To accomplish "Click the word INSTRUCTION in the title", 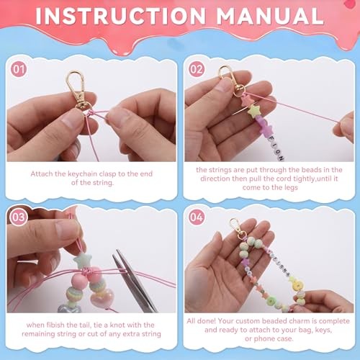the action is tap(121, 16).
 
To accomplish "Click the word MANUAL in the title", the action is tap(270, 16).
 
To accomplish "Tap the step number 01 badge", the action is tap(19, 70).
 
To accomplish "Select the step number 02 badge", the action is tap(197, 70).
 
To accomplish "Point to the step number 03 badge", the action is tap(19, 217).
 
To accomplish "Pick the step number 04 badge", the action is tap(197, 217).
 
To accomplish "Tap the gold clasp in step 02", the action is tap(231, 81).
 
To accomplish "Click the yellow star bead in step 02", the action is tap(254, 111).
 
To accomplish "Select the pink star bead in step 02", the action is tap(246, 100).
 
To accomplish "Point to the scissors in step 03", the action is tap(135, 280).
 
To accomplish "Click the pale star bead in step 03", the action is tap(82, 261).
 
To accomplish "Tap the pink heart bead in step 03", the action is tap(104, 297).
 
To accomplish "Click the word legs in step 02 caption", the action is tap(291, 188).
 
